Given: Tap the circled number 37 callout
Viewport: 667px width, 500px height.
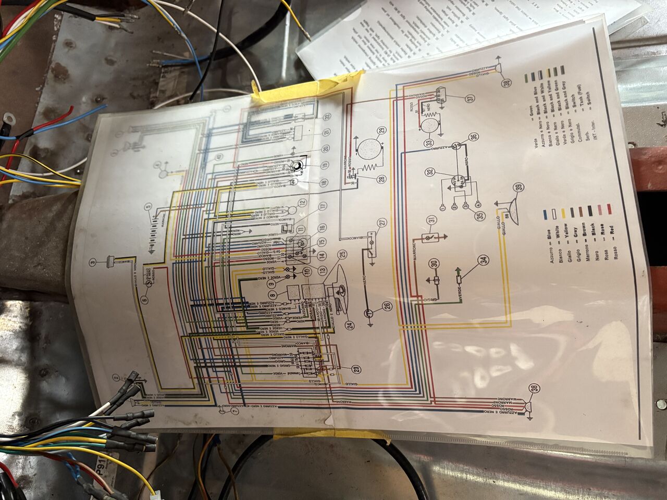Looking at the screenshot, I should pos(471,97).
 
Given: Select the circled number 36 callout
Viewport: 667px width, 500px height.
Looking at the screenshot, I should pos(473,137).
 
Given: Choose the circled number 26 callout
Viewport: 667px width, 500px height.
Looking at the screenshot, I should pos(387,306).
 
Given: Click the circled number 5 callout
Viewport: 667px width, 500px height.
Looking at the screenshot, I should pos(149,207).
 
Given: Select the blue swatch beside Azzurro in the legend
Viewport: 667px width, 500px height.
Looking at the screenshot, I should pos(545,214).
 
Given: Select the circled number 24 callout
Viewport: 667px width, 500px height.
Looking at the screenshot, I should pos(349,326).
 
